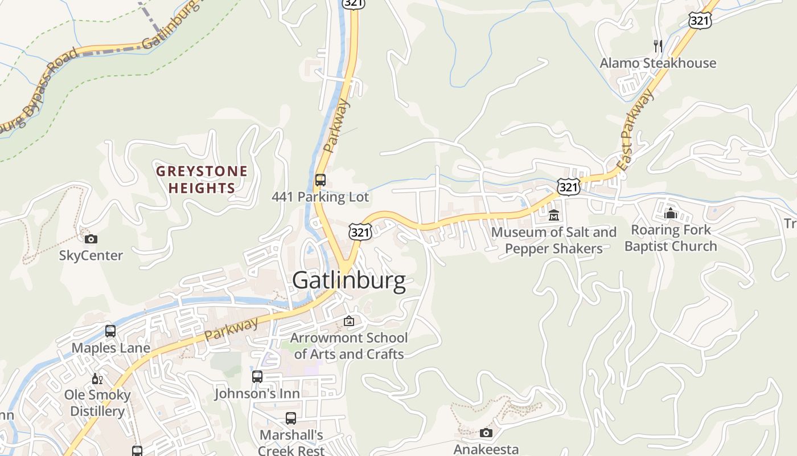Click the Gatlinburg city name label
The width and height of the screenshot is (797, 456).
pos(349,280)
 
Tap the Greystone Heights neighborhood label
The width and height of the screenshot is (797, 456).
pos(202,180)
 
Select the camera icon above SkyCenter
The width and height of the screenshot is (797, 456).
pos(91,239)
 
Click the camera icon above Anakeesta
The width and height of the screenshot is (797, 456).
pos(486,433)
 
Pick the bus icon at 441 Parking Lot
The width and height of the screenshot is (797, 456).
pos(321,181)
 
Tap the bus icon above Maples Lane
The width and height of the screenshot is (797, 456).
pos(110,331)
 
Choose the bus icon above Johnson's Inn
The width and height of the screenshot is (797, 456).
pos(257,377)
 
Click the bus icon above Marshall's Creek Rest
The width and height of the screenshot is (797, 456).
pos(291,418)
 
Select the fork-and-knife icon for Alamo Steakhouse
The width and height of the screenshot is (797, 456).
pos(658,46)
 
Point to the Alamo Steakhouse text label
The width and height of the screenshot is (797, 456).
pos(658,63)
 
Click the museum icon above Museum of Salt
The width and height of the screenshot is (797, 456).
pos(554,215)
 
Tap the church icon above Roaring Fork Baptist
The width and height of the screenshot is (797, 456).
pos(671,213)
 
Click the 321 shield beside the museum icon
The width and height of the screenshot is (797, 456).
pos(569,186)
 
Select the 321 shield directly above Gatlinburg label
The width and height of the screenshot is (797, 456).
pos(361,231)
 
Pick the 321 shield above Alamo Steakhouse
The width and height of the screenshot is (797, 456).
pos(699,21)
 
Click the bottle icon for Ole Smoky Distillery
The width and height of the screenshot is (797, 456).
pos(97,378)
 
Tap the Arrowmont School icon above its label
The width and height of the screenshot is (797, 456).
pos(349,321)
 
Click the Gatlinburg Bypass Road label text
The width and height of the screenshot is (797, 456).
pos(40,91)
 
